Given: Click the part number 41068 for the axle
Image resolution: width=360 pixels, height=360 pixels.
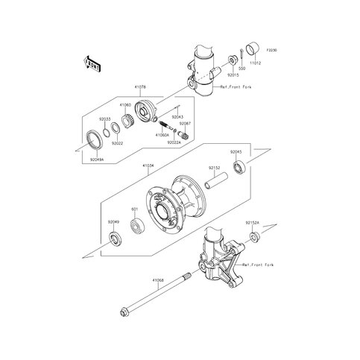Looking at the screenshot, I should click(158, 280).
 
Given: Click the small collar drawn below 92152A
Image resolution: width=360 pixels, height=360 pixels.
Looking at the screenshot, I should click(254, 237).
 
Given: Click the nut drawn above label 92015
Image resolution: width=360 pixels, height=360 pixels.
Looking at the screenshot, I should click(236, 60).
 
